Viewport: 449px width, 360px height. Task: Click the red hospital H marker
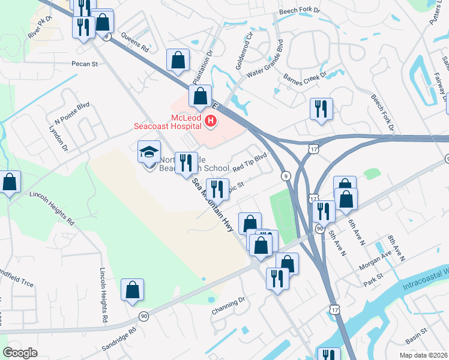pos(211,122)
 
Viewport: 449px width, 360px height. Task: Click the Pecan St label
pos(85,63)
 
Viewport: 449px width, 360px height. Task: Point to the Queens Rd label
pos(136,43)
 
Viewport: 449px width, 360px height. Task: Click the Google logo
pos(20,353)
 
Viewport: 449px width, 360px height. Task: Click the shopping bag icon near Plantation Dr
pos(178,60)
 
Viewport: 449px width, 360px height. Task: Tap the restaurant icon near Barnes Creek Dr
pos(321,109)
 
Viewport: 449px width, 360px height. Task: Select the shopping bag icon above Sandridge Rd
pos(132,290)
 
